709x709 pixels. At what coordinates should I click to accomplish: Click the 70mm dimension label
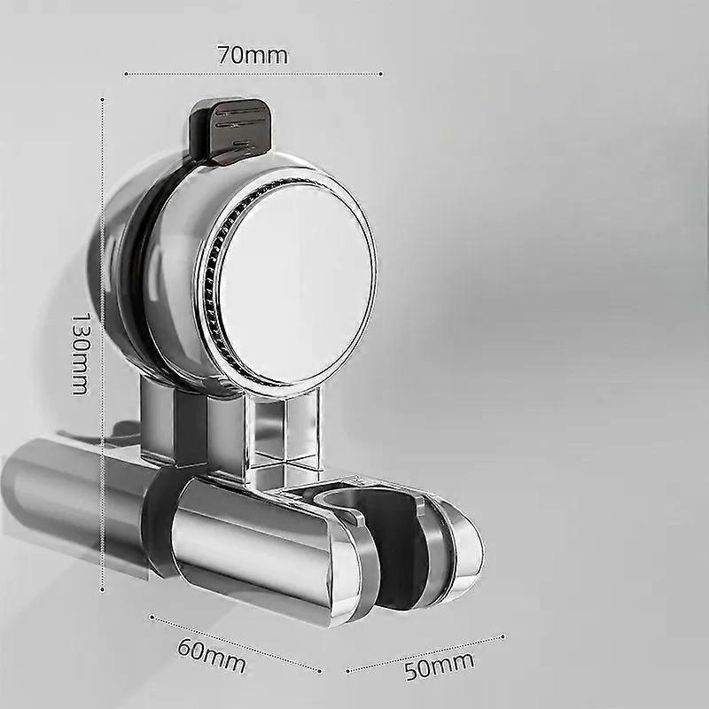click(253, 55)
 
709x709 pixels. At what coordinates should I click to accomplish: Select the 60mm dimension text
click(212, 655)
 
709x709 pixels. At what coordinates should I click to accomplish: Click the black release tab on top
click(229, 130)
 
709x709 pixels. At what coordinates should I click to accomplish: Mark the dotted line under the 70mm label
click(253, 74)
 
